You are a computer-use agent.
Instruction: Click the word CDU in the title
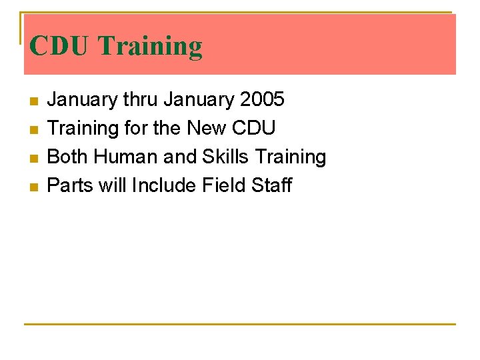click(59, 46)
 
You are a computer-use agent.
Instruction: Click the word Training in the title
click(150, 46)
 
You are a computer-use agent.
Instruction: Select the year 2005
click(262, 100)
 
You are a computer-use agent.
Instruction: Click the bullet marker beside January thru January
click(33, 101)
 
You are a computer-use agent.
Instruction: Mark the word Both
click(68, 157)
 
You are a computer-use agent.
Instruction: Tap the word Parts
click(71, 185)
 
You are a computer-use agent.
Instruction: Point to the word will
click(113, 185)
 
